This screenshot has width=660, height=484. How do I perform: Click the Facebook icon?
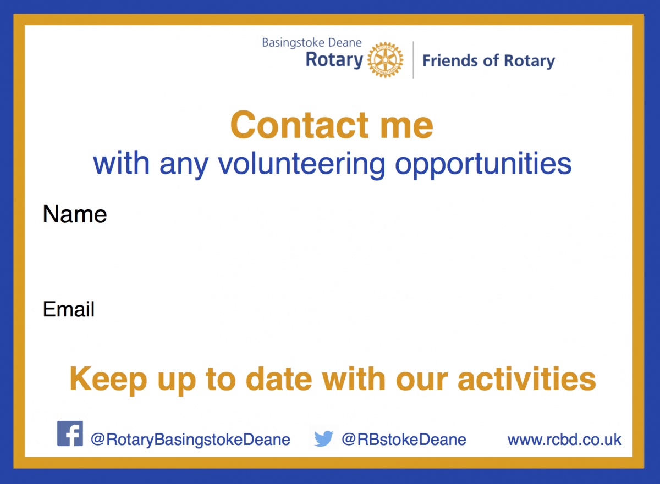click(70, 433)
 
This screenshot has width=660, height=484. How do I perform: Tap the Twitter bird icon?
click(323, 439)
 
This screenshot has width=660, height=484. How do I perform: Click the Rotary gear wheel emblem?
click(385, 60)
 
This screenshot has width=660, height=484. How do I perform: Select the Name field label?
click(75, 214)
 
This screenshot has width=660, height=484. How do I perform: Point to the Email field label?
click(69, 309)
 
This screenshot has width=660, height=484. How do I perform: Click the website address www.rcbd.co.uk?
click(564, 440)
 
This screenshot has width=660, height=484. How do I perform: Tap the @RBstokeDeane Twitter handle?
click(404, 440)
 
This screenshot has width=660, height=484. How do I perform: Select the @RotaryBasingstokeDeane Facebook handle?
click(190, 440)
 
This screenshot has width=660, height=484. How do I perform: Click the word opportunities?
click(483, 165)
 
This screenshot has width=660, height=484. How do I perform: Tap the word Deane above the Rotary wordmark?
click(345, 43)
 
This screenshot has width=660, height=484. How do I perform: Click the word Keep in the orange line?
click(108, 381)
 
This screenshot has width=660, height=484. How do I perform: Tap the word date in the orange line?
click(279, 379)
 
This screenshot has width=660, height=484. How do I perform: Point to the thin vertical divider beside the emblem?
click(413, 60)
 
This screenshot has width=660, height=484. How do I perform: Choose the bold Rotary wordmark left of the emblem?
click(334, 60)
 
